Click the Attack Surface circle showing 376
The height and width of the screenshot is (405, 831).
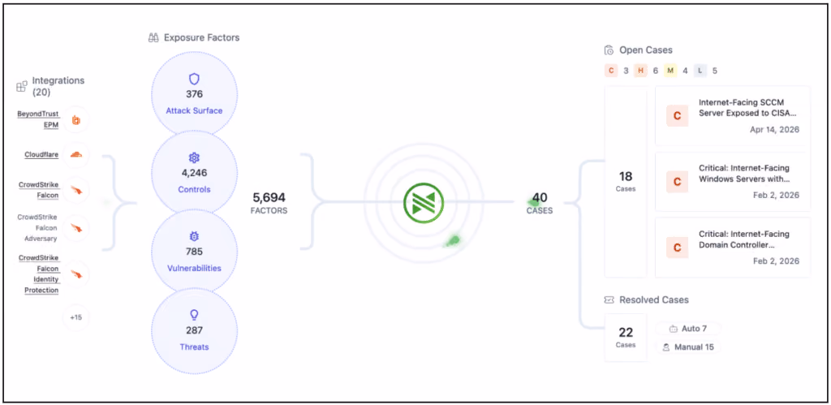(x=195, y=94)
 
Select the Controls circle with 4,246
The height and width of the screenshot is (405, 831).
(x=195, y=172)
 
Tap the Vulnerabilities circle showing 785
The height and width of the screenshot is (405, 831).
(x=195, y=252)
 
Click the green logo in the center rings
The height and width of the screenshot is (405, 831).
(x=424, y=203)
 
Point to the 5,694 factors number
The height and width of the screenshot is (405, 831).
(x=269, y=198)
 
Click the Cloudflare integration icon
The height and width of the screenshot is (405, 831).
(x=76, y=155)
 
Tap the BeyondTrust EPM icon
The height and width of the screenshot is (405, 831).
(x=76, y=120)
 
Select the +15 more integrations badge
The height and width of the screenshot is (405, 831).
(x=76, y=317)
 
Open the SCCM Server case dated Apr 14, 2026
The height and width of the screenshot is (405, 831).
(x=733, y=116)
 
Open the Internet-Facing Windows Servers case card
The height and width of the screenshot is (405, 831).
(x=733, y=182)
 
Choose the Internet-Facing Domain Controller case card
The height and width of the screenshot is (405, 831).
(x=733, y=248)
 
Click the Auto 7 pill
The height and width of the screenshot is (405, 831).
(x=688, y=329)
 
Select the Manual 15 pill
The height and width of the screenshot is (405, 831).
(x=688, y=347)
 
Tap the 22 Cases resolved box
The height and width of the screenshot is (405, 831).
(x=626, y=338)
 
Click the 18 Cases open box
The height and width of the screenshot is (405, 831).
(x=626, y=182)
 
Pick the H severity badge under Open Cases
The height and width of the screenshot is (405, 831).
(x=641, y=71)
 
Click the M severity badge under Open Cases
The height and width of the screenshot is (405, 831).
(x=670, y=71)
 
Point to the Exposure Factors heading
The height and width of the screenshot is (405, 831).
(x=193, y=37)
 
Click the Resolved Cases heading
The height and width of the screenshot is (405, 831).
(x=647, y=300)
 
